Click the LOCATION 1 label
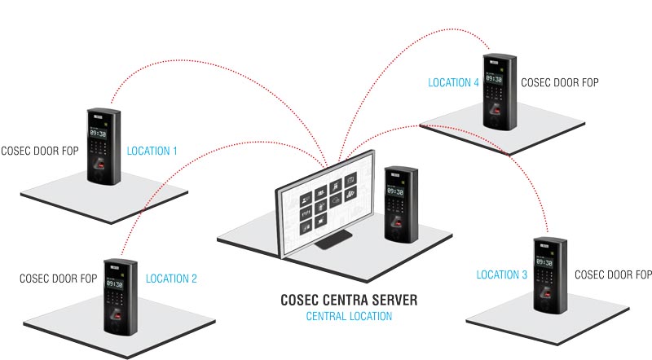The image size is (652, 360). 152,151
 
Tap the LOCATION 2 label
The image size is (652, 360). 171,279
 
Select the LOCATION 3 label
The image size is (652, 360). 502,275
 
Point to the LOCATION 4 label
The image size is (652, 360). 453,82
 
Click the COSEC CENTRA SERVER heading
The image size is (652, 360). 348,301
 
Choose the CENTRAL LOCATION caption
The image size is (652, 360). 348,316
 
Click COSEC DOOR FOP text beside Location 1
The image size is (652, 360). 40,151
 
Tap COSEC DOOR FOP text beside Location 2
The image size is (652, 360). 59,279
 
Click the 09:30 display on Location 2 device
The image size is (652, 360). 114,285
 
